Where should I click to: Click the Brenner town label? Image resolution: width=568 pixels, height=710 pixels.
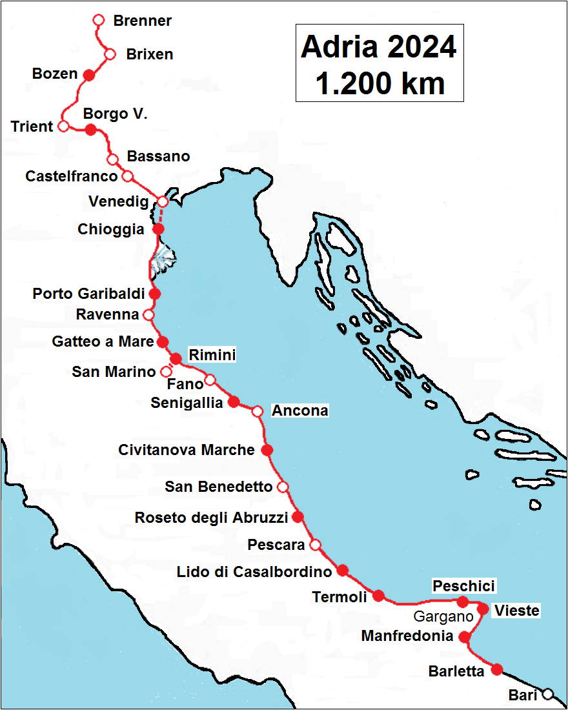(x=142, y=21)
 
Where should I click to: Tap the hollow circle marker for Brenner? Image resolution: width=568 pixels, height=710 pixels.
(x=99, y=20)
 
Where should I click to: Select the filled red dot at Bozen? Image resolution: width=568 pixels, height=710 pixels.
(x=90, y=75)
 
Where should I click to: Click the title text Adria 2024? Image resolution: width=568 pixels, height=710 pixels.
(x=379, y=47)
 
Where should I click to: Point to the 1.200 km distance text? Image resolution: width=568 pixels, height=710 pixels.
(x=380, y=83)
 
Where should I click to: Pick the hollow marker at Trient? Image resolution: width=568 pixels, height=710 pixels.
(x=63, y=126)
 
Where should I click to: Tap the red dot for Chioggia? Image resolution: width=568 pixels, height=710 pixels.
(x=158, y=229)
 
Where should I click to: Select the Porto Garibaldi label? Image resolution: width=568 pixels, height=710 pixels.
(x=88, y=294)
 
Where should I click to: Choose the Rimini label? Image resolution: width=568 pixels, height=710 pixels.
(x=212, y=354)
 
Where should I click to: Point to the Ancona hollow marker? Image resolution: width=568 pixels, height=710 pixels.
(x=258, y=411)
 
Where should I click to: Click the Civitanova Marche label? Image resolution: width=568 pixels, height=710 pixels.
(x=187, y=450)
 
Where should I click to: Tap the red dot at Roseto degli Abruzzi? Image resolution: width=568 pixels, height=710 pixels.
(x=298, y=516)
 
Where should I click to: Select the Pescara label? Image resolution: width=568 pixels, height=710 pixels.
(x=276, y=545)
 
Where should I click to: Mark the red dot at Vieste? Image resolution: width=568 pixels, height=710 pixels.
(x=483, y=609)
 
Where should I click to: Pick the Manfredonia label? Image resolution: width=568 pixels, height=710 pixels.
(x=407, y=636)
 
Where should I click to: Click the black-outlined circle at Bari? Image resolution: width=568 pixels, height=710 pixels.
(x=548, y=695)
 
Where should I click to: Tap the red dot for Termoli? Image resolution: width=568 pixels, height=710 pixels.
(x=379, y=596)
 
